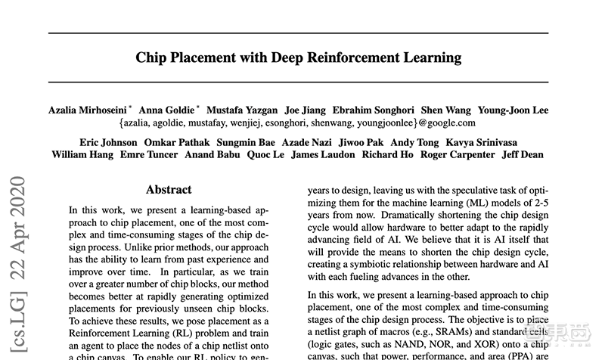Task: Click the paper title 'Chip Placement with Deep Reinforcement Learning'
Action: click(x=299, y=57)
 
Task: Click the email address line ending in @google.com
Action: click(x=297, y=123)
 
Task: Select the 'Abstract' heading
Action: click(x=168, y=190)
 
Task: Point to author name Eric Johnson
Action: click(x=109, y=143)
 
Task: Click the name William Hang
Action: click(x=82, y=155)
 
